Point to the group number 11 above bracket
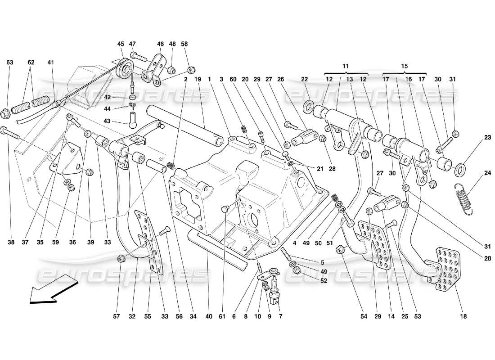point(345,65)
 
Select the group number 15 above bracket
point(404,65)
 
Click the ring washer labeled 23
point(460,170)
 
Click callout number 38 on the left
point(11,243)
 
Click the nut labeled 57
point(120,258)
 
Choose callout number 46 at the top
point(161,44)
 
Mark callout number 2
point(185,79)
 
